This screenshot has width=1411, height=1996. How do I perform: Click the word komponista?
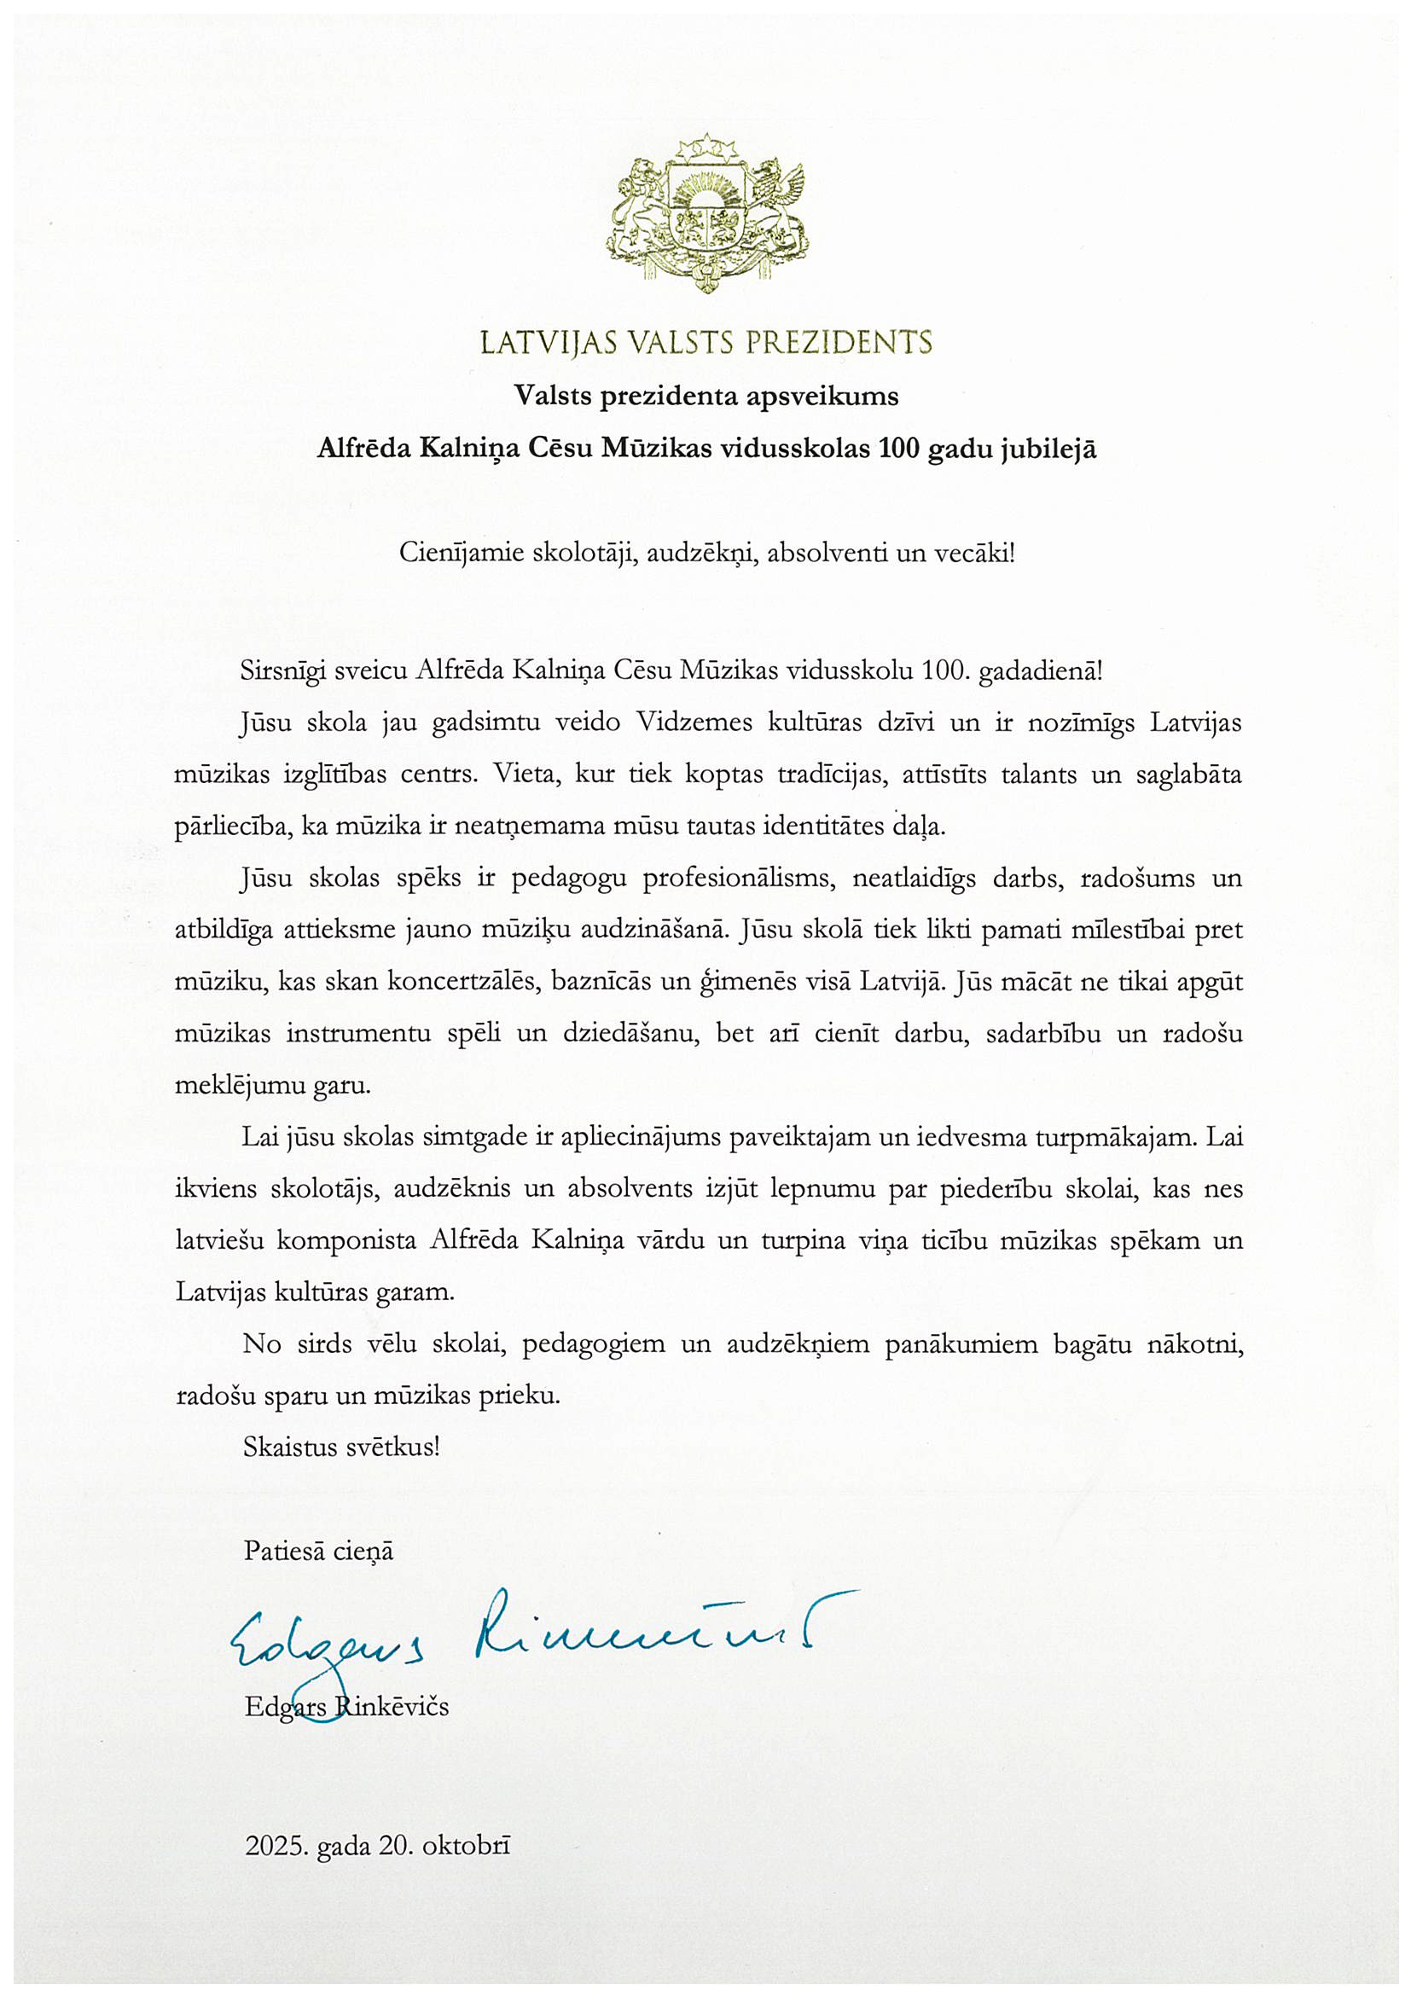tap(346, 1240)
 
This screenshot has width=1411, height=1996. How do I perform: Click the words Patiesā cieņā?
tap(318, 1551)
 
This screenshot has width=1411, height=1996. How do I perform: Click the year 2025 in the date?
tap(276, 1846)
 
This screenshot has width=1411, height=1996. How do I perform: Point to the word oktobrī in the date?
tap(466, 1846)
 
